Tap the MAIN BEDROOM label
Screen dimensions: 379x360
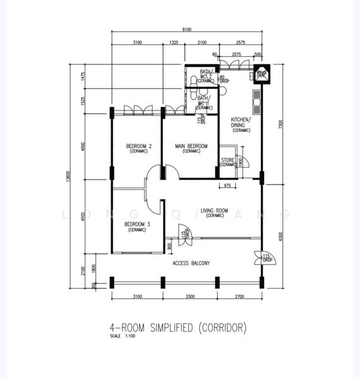191,147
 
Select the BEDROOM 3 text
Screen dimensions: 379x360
136,225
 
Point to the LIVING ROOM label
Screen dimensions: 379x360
214,211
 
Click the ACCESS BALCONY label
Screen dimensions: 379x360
191,263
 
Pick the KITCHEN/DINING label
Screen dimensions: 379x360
241,123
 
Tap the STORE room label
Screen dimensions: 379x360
227,160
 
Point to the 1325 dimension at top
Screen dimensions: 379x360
175,42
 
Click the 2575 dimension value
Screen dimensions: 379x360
240,42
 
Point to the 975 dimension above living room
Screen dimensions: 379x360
227,185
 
